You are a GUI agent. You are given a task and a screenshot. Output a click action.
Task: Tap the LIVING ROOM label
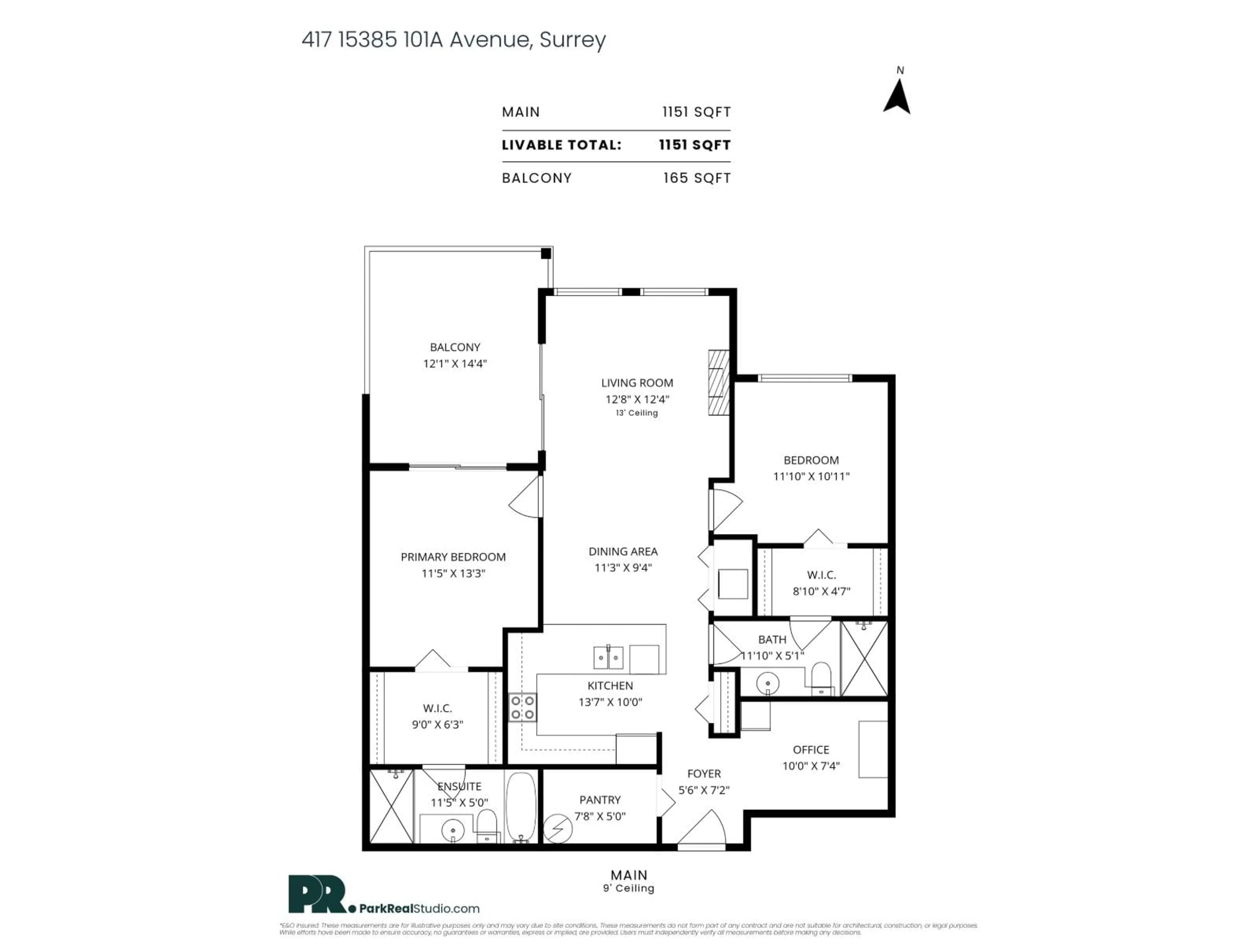[637, 383]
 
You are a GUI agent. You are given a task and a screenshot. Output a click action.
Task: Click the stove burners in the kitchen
[523, 707]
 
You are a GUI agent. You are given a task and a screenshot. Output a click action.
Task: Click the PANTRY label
[600, 799]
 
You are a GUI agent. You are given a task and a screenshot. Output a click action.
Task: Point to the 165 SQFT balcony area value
[697, 178]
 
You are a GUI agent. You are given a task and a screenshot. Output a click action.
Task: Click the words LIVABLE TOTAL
[561, 145]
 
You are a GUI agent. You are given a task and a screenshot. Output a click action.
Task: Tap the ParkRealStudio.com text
[419, 909]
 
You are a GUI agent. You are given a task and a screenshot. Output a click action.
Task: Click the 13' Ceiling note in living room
[637, 413]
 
